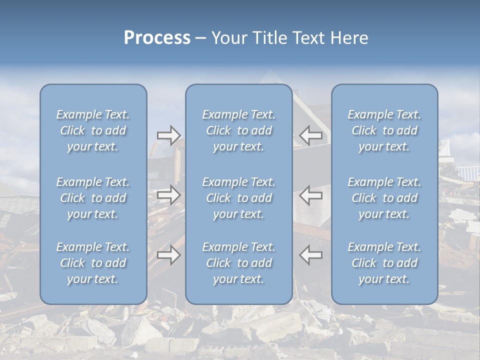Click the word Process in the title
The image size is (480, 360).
[157, 38]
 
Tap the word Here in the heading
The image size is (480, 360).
[348, 38]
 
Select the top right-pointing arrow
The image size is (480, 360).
[168, 135]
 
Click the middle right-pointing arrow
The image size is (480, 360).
[168, 195]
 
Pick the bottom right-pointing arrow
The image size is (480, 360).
[168, 255]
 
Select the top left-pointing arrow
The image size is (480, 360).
[310, 135]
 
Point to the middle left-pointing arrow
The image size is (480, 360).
[310, 195]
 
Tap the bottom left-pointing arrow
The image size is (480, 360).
[310, 255]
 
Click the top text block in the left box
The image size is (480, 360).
[93, 130]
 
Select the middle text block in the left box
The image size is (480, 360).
[93, 198]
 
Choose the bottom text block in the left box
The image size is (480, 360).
[93, 263]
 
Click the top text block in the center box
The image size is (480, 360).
[238, 130]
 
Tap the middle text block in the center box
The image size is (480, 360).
[238, 198]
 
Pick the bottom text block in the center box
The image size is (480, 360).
[238, 263]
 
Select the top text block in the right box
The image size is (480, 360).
[384, 130]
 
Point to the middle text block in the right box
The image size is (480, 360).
[384, 198]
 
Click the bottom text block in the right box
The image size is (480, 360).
[384, 263]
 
